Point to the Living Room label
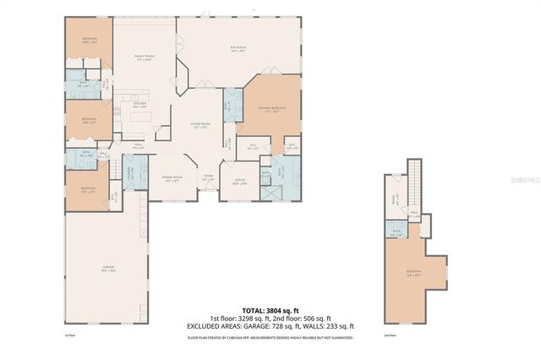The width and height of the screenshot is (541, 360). pyautogui.click(x=201, y=125)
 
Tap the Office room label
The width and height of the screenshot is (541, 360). pyautogui.click(x=239, y=181)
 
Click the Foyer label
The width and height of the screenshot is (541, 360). pyautogui.click(x=208, y=177)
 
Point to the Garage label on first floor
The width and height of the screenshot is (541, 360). pyautogui.click(x=108, y=268)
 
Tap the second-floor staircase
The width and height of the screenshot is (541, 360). pyautogui.click(x=414, y=182)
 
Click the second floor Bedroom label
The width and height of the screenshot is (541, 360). pyautogui.click(x=413, y=272)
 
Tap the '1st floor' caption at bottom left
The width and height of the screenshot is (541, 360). pyautogui.click(x=70, y=335)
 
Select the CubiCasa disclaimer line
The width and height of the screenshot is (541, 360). pyautogui.click(x=270, y=336)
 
